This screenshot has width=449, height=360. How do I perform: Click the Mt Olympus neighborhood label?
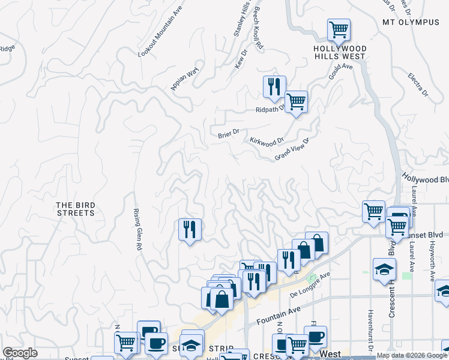tap(411, 22)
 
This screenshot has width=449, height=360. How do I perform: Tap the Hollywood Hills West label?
tap(340, 52)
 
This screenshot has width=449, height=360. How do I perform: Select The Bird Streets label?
tap(76, 209)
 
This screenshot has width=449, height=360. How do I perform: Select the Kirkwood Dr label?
tap(267, 141)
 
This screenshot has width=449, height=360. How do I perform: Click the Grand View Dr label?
tap(292, 149)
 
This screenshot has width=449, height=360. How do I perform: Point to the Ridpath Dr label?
tap(268, 110)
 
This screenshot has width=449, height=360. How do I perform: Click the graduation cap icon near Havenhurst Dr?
tap(384, 268)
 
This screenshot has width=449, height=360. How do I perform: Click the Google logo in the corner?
tap(20, 353)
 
